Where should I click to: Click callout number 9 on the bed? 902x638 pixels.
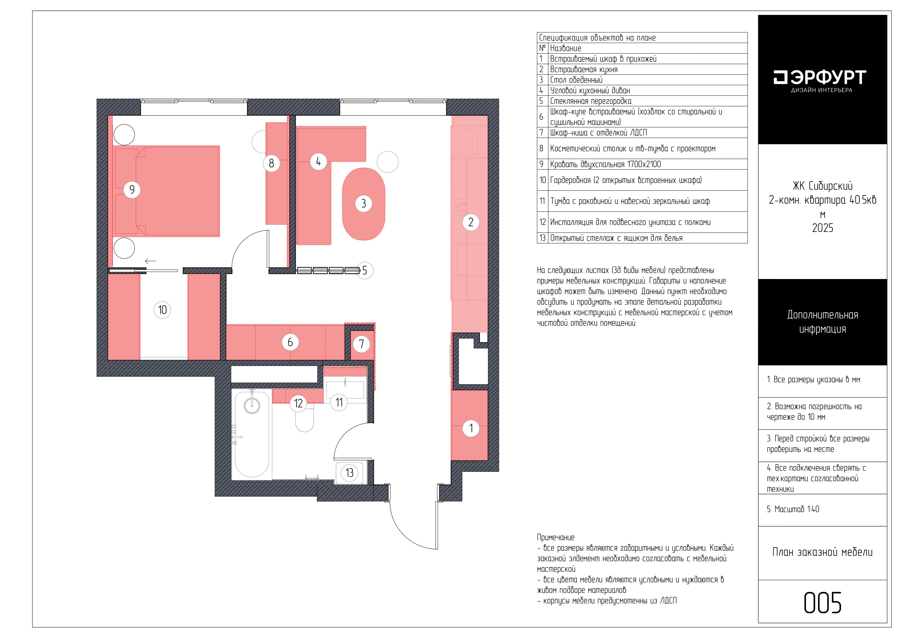click(x=132, y=190)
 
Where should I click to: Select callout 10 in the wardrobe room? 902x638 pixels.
click(x=162, y=310)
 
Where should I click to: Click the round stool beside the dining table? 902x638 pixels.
click(x=387, y=162)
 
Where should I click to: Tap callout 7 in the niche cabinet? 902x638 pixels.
click(x=361, y=344)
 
